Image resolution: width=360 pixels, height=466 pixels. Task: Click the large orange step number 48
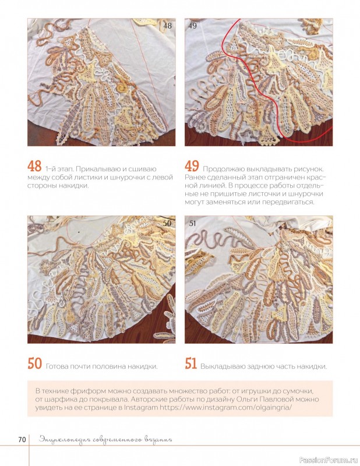(34, 167)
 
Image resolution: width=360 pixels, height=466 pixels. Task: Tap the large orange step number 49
(192, 167)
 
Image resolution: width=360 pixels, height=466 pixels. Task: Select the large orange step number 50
(34, 363)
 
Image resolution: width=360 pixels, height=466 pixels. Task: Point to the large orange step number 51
(191, 363)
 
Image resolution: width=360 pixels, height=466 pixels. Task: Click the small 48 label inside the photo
(168, 26)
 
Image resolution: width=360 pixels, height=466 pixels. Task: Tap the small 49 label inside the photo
(193, 26)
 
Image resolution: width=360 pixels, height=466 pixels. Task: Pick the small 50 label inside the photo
(168, 223)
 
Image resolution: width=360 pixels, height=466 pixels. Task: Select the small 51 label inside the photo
(193, 223)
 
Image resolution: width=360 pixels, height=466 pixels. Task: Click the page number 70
(22, 440)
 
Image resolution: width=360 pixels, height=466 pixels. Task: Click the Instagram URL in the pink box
(226, 407)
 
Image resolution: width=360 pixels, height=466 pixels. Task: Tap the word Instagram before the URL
(141, 407)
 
